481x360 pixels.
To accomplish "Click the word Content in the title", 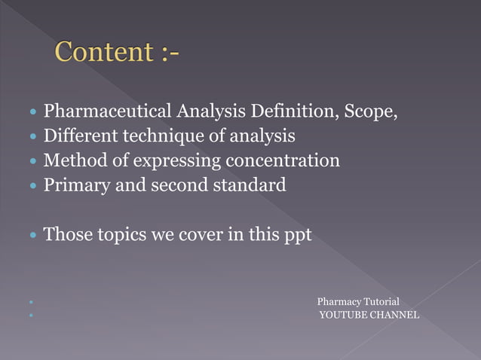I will [x=104, y=52].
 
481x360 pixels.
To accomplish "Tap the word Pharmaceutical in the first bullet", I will [x=108, y=113].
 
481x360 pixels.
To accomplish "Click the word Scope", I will [x=370, y=112].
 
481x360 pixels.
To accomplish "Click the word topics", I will [x=124, y=235].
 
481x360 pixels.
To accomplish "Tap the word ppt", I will [x=295, y=235].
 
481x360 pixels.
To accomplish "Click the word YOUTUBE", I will [x=344, y=314].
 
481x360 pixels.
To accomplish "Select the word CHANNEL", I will [x=394, y=314].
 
